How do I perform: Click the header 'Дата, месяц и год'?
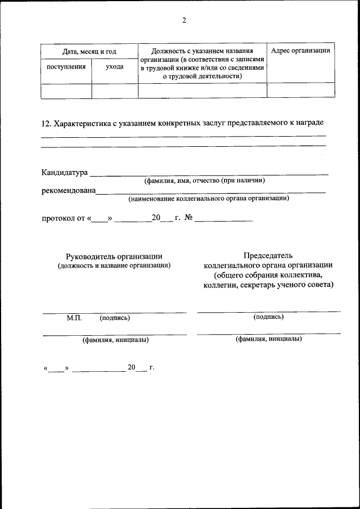coord(89,52)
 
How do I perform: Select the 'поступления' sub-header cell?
coord(66,66)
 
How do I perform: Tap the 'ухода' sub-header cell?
coord(115,66)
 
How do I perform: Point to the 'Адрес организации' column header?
coord(300,51)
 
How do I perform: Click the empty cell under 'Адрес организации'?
coord(300,91)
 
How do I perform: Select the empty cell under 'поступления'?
coord(66,91)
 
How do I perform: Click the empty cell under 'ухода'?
coord(115,91)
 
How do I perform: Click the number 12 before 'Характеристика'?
coord(46,123)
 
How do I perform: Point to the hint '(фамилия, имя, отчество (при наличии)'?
coord(204,181)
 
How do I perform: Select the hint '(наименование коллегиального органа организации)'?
coord(209,199)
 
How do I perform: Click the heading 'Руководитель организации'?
coord(114,256)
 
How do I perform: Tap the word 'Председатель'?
coord(268,256)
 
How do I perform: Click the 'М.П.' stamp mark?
coord(74,318)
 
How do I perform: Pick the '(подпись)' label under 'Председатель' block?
coord(268,317)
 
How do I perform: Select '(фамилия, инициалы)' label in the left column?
coord(115,340)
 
